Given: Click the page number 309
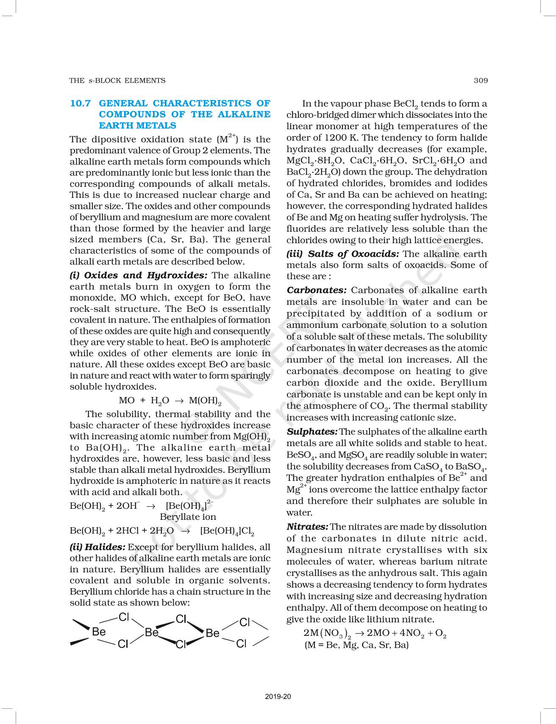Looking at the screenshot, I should pos(481,80).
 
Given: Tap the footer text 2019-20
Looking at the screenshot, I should pos(278,696).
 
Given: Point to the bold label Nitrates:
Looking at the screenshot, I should pos(308,527).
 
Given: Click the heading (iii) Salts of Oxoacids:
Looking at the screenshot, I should pos(343,254).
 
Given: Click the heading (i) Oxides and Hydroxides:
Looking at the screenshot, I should pos(139,276).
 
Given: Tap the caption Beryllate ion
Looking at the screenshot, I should pos(188,517).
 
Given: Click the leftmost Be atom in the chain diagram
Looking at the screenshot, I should pos(99,632).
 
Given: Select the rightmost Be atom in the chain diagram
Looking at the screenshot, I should pos(212,633).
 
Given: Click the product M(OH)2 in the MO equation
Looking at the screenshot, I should pos(205,401).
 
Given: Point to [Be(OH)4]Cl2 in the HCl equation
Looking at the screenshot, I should pos(227,531).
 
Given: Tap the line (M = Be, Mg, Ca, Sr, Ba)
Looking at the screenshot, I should pos(356,645).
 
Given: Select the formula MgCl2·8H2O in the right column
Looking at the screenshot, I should pos(316,161).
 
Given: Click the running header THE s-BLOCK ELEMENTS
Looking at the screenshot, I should pos(117,80).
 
